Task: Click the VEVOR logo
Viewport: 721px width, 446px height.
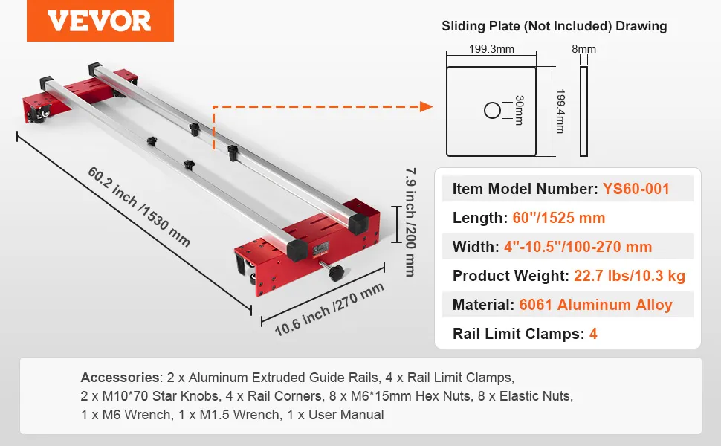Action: click(x=100, y=21)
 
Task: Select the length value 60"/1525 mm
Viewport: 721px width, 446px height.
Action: click(x=559, y=218)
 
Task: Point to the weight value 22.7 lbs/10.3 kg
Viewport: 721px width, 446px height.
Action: click(x=630, y=276)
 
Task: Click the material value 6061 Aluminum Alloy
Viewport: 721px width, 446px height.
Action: click(x=595, y=305)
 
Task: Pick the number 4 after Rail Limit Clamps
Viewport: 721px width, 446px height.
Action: click(x=593, y=334)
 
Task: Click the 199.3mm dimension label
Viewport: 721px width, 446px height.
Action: click(x=491, y=49)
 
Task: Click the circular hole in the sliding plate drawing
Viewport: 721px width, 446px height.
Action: click(x=493, y=111)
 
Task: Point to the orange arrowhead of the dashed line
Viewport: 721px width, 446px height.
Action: click(x=426, y=107)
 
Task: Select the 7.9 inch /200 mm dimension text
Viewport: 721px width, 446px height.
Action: click(x=410, y=221)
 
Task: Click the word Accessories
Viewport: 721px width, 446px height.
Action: click(x=119, y=377)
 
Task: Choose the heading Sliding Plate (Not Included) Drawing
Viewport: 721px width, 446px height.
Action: click(x=555, y=26)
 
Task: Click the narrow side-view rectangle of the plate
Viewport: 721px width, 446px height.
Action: click(x=583, y=111)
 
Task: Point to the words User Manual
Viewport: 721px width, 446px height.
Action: click(x=349, y=415)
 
